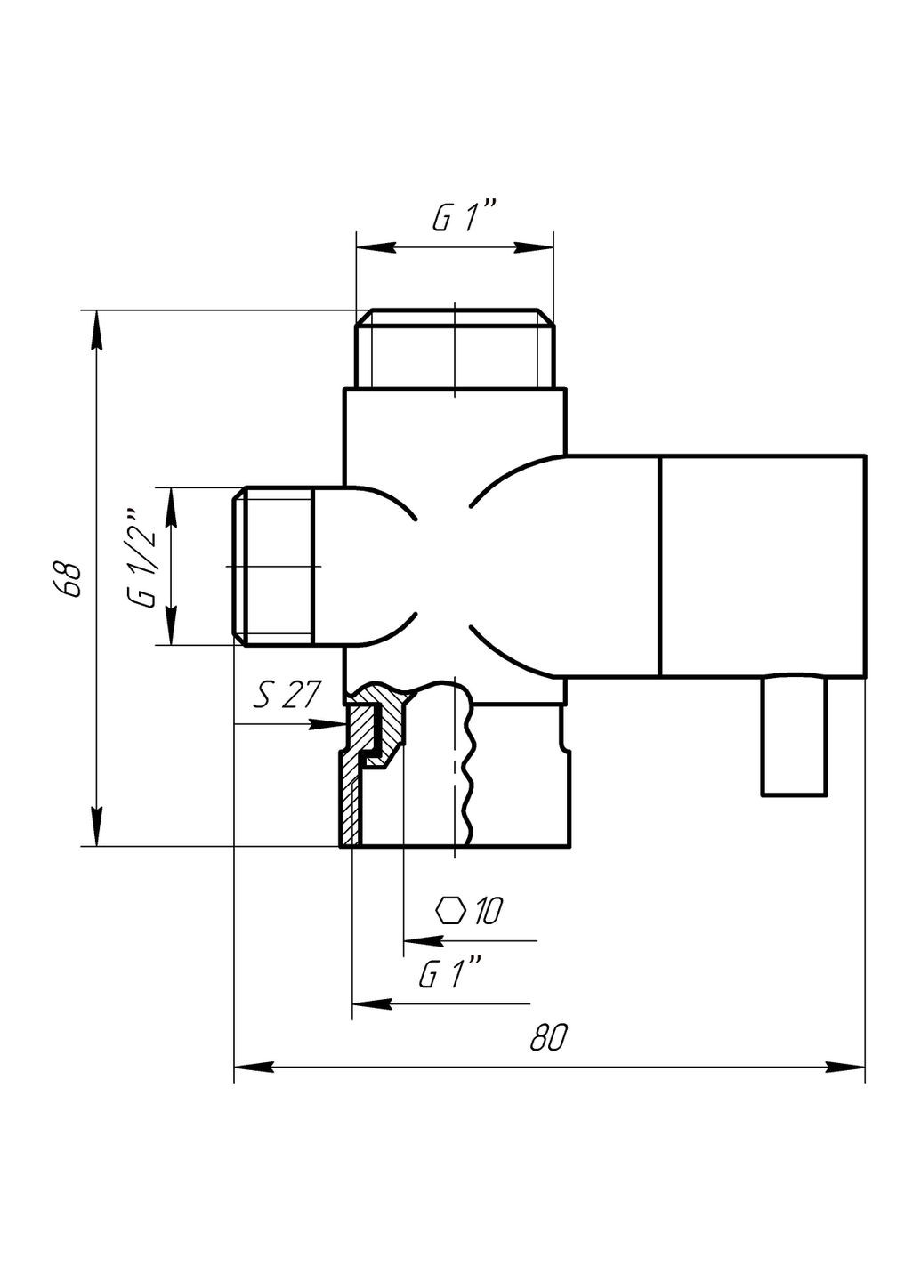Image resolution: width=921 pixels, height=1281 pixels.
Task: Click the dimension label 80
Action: (548, 1037)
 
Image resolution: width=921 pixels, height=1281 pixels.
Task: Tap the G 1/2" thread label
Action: (142, 558)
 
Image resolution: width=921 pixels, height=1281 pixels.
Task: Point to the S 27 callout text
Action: (284, 697)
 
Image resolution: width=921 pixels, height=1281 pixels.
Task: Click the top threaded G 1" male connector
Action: (455, 349)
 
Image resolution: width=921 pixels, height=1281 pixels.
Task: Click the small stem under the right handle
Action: (795, 735)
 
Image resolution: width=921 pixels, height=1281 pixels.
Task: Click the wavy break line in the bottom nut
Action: (466, 765)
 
